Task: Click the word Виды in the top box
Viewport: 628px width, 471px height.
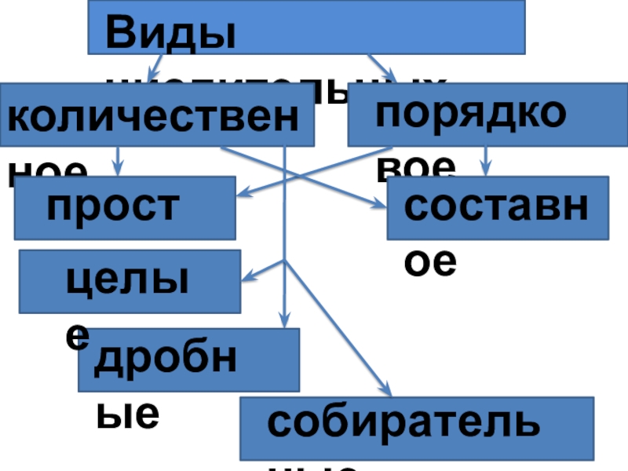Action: (x=170, y=35)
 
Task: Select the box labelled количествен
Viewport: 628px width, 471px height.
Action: (x=157, y=115)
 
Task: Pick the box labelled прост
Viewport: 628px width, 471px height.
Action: (x=125, y=207)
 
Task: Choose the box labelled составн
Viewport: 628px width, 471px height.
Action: (x=498, y=207)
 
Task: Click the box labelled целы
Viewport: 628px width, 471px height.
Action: (x=130, y=281)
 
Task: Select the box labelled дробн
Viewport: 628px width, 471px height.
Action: (x=188, y=360)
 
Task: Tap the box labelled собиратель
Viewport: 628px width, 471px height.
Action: (x=416, y=428)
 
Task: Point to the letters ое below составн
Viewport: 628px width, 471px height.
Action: (x=430, y=262)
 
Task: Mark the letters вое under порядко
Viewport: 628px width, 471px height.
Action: (x=416, y=166)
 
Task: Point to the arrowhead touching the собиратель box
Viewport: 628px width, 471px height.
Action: (x=385, y=390)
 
